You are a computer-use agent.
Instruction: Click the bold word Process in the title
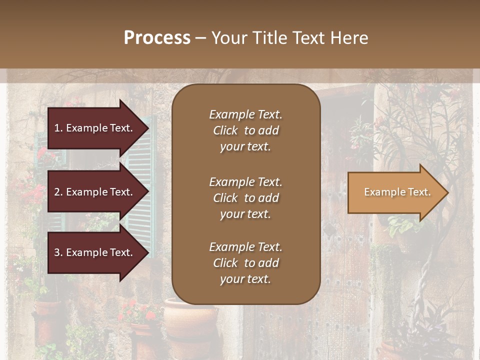tap(157, 38)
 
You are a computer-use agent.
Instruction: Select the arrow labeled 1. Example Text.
tap(95, 128)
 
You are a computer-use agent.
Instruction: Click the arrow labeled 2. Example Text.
tap(95, 192)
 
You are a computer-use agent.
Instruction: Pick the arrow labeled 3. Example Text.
tap(95, 252)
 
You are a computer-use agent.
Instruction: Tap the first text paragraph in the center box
tap(245, 130)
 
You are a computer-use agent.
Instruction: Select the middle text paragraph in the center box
tap(245, 198)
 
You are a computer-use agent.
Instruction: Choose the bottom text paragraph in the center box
tap(245, 263)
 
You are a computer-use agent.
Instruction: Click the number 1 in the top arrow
tap(57, 128)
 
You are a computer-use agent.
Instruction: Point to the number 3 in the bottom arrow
tap(57, 252)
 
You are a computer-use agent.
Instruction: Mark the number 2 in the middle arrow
tap(57, 192)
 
